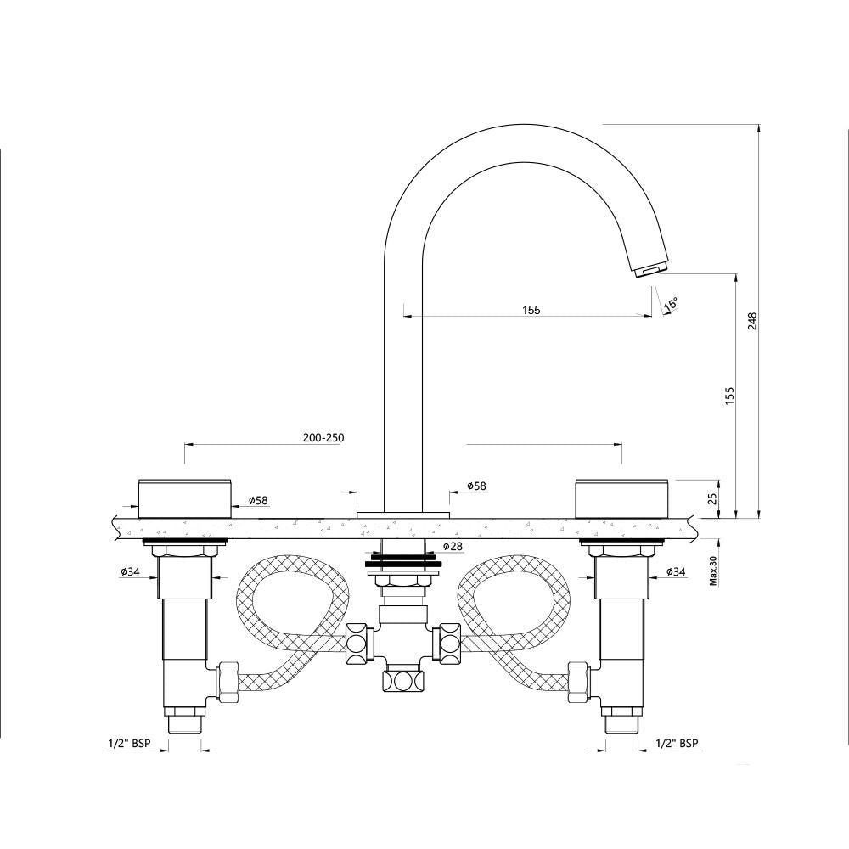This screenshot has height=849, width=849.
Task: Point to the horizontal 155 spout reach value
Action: (531, 310)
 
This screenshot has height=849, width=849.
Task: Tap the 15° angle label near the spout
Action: (671, 303)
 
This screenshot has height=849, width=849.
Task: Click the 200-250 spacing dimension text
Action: (323, 438)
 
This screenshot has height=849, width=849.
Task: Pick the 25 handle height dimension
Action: (713, 498)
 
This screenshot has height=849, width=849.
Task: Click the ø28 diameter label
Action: (453, 546)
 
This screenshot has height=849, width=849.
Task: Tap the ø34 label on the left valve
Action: (130, 571)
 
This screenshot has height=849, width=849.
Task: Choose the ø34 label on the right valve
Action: (676, 571)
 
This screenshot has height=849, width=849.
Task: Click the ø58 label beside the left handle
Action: (258, 501)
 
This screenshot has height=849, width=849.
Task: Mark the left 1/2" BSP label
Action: (129, 743)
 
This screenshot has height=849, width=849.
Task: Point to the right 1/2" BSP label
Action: (677, 743)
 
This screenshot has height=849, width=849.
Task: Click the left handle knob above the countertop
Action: (184, 498)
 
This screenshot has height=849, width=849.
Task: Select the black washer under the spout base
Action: (403, 562)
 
